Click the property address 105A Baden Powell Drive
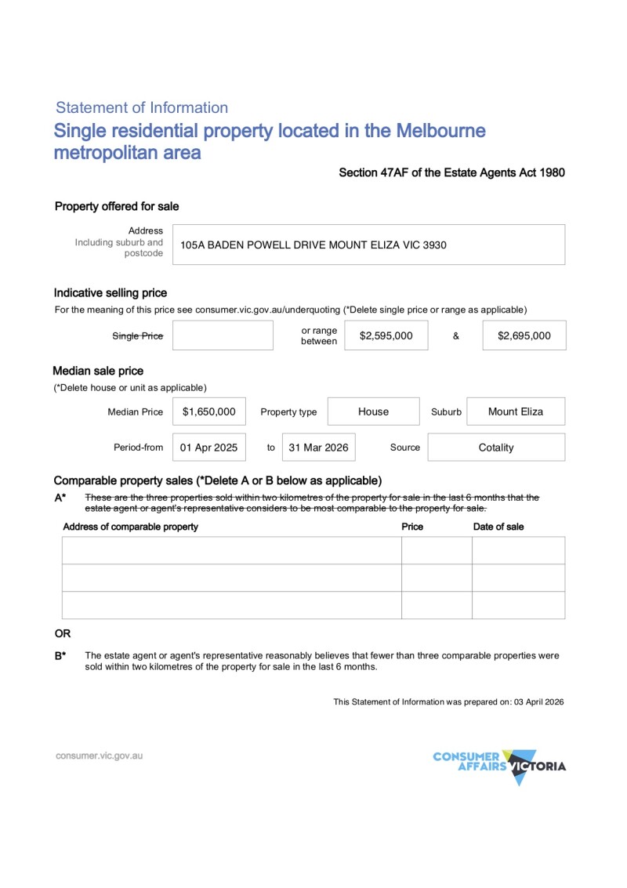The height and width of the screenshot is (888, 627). click(x=313, y=245)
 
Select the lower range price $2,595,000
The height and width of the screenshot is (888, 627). click(x=386, y=335)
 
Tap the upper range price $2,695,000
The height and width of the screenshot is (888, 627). click(x=524, y=335)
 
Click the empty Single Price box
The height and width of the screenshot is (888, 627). click(x=223, y=335)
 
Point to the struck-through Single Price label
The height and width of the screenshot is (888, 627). click(x=138, y=336)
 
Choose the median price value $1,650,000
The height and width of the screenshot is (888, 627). click(x=208, y=411)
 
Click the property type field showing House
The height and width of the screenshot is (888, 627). click(x=373, y=411)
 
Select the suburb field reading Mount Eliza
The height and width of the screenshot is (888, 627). click(x=515, y=411)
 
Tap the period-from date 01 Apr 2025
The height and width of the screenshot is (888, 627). click(x=208, y=448)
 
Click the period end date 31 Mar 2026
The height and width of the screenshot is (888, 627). click(x=318, y=448)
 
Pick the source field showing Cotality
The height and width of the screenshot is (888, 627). click(x=495, y=448)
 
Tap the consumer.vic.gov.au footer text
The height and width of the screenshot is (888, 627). click(x=99, y=756)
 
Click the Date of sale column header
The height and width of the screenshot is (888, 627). click(x=498, y=527)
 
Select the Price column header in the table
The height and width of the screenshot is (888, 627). click(x=412, y=527)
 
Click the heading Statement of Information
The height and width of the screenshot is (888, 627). click(x=142, y=108)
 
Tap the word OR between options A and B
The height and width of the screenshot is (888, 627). click(x=62, y=633)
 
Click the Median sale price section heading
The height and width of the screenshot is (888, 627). click(x=98, y=371)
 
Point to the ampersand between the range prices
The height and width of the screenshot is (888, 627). click(x=455, y=336)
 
